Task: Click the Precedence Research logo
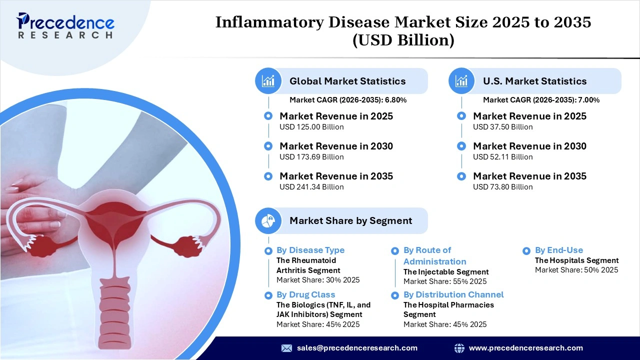(x=65, y=25)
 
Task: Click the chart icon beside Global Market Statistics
(x=268, y=81)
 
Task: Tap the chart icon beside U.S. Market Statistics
(x=462, y=81)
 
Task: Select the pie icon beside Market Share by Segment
(x=268, y=220)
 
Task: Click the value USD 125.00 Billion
(x=311, y=127)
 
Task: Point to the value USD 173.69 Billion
(x=311, y=157)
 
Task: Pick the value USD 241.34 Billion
(x=311, y=187)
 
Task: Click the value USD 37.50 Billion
(x=502, y=127)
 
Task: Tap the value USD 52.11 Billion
(x=502, y=157)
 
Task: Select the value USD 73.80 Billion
(x=502, y=187)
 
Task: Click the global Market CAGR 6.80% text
(x=348, y=100)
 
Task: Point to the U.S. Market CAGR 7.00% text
(x=541, y=100)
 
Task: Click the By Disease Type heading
(x=310, y=250)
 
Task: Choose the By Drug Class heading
(x=305, y=294)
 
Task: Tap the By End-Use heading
(x=558, y=250)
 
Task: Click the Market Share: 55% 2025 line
(x=445, y=281)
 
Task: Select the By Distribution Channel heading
(x=453, y=294)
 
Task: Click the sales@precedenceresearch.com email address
(x=357, y=348)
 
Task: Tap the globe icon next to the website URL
(x=459, y=348)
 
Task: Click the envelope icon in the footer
(x=286, y=348)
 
